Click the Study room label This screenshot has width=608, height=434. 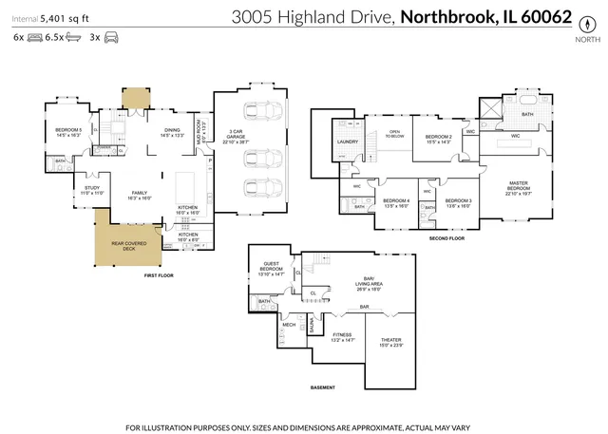91,190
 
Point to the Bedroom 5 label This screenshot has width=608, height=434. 67,131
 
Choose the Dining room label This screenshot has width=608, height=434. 171,132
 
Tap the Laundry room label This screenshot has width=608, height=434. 346,142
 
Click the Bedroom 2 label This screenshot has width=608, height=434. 437,139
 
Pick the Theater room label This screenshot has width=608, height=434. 391,342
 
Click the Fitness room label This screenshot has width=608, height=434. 342,337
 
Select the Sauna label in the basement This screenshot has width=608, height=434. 311,326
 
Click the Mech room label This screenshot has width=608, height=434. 289,325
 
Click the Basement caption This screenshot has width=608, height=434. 323,388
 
